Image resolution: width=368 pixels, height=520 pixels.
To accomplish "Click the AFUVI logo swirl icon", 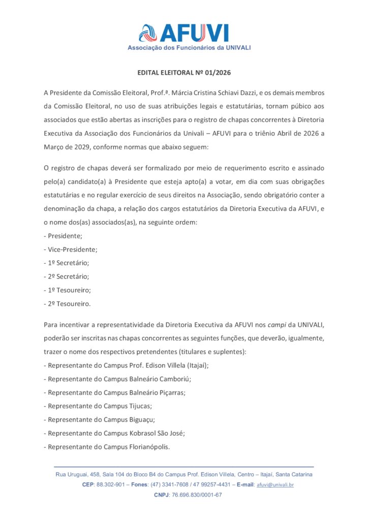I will coord(148,33).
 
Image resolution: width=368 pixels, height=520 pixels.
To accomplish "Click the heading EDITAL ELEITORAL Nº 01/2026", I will coord(184,73).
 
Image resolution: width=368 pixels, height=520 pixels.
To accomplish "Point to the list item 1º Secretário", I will coord(69,263).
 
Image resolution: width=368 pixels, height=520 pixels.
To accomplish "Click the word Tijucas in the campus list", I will coord(138,406).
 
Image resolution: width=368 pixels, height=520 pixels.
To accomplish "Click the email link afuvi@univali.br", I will coord(275,485).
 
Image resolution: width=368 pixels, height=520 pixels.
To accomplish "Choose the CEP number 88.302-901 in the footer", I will coord(110,485).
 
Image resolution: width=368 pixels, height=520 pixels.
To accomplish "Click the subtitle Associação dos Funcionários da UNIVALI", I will coord(189,48).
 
